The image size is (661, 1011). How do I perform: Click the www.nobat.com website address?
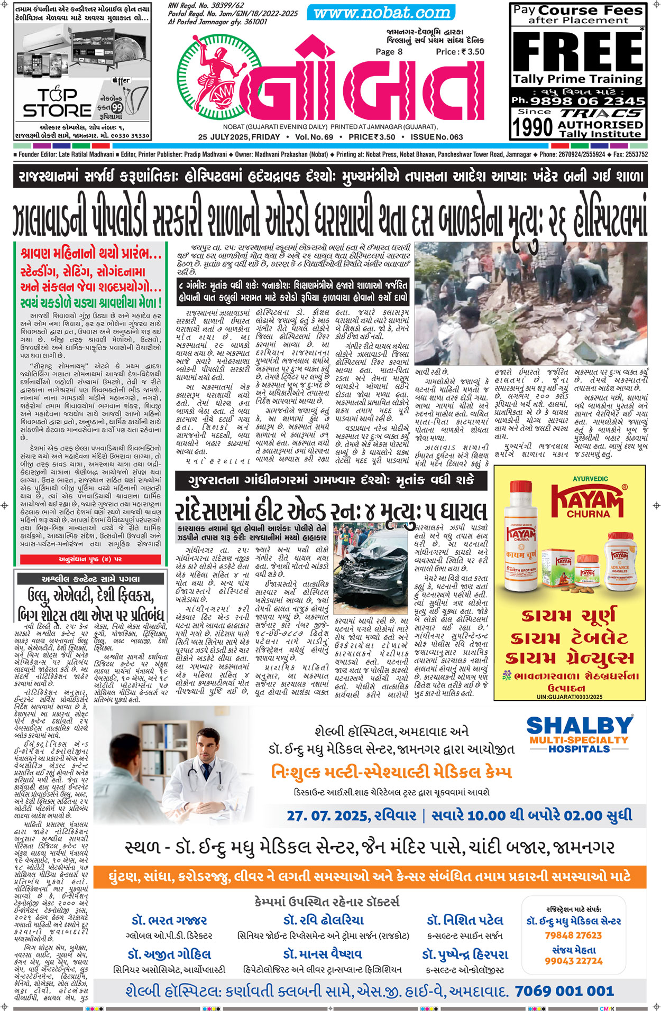381,13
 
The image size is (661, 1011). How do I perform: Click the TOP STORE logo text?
57,103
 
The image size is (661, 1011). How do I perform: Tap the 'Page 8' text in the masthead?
389,52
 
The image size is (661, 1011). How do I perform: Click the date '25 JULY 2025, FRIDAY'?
239,137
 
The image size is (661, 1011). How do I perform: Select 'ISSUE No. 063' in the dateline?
437,137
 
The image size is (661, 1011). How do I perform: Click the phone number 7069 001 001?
564,990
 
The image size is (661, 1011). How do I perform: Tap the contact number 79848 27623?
573,935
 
